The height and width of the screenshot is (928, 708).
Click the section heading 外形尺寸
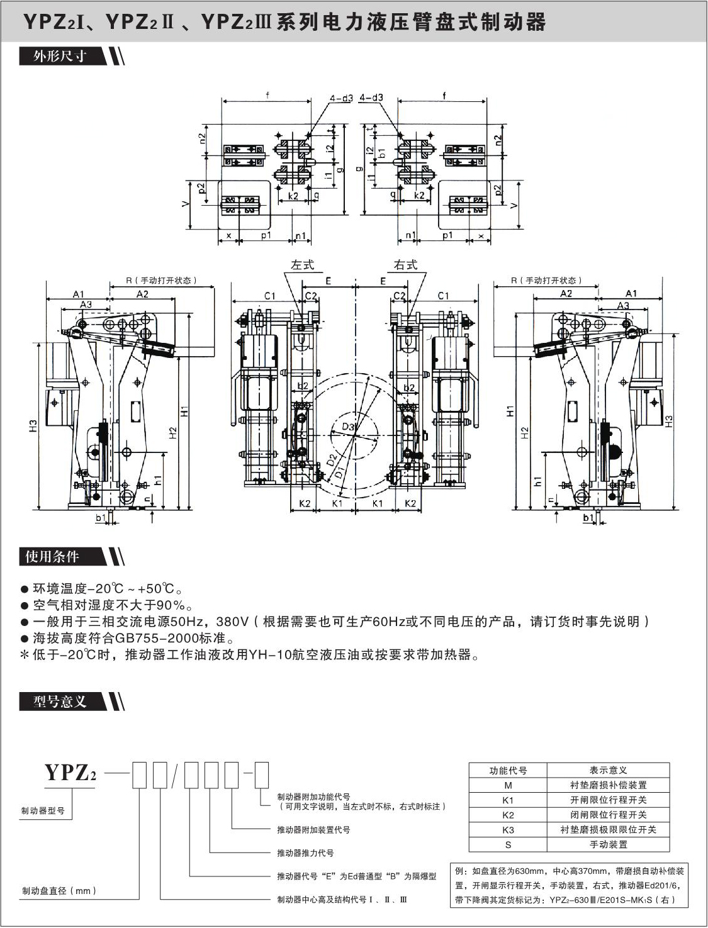click(x=60, y=57)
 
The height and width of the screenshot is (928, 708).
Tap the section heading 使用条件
click(x=52, y=557)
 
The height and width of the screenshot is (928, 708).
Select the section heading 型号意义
click(x=60, y=701)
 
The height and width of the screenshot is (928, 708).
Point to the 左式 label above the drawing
click(x=302, y=265)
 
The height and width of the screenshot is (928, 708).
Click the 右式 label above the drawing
click(x=405, y=265)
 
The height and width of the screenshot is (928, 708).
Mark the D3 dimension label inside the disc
click(x=348, y=427)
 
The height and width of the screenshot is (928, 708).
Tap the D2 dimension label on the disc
click(x=332, y=461)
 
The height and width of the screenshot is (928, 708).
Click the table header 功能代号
click(x=508, y=771)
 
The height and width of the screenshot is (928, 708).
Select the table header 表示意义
click(x=608, y=771)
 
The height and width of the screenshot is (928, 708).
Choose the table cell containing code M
click(x=508, y=785)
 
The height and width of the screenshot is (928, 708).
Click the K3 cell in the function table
click(x=508, y=830)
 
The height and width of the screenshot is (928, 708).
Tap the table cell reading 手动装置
click(x=608, y=845)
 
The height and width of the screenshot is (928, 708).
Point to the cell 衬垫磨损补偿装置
click(x=608, y=785)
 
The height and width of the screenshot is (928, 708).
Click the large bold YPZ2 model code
click(x=70, y=773)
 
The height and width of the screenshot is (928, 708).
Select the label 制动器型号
click(x=43, y=811)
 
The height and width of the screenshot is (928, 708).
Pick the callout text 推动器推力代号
click(x=305, y=853)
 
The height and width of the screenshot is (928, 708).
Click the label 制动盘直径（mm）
click(x=60, y=891)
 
